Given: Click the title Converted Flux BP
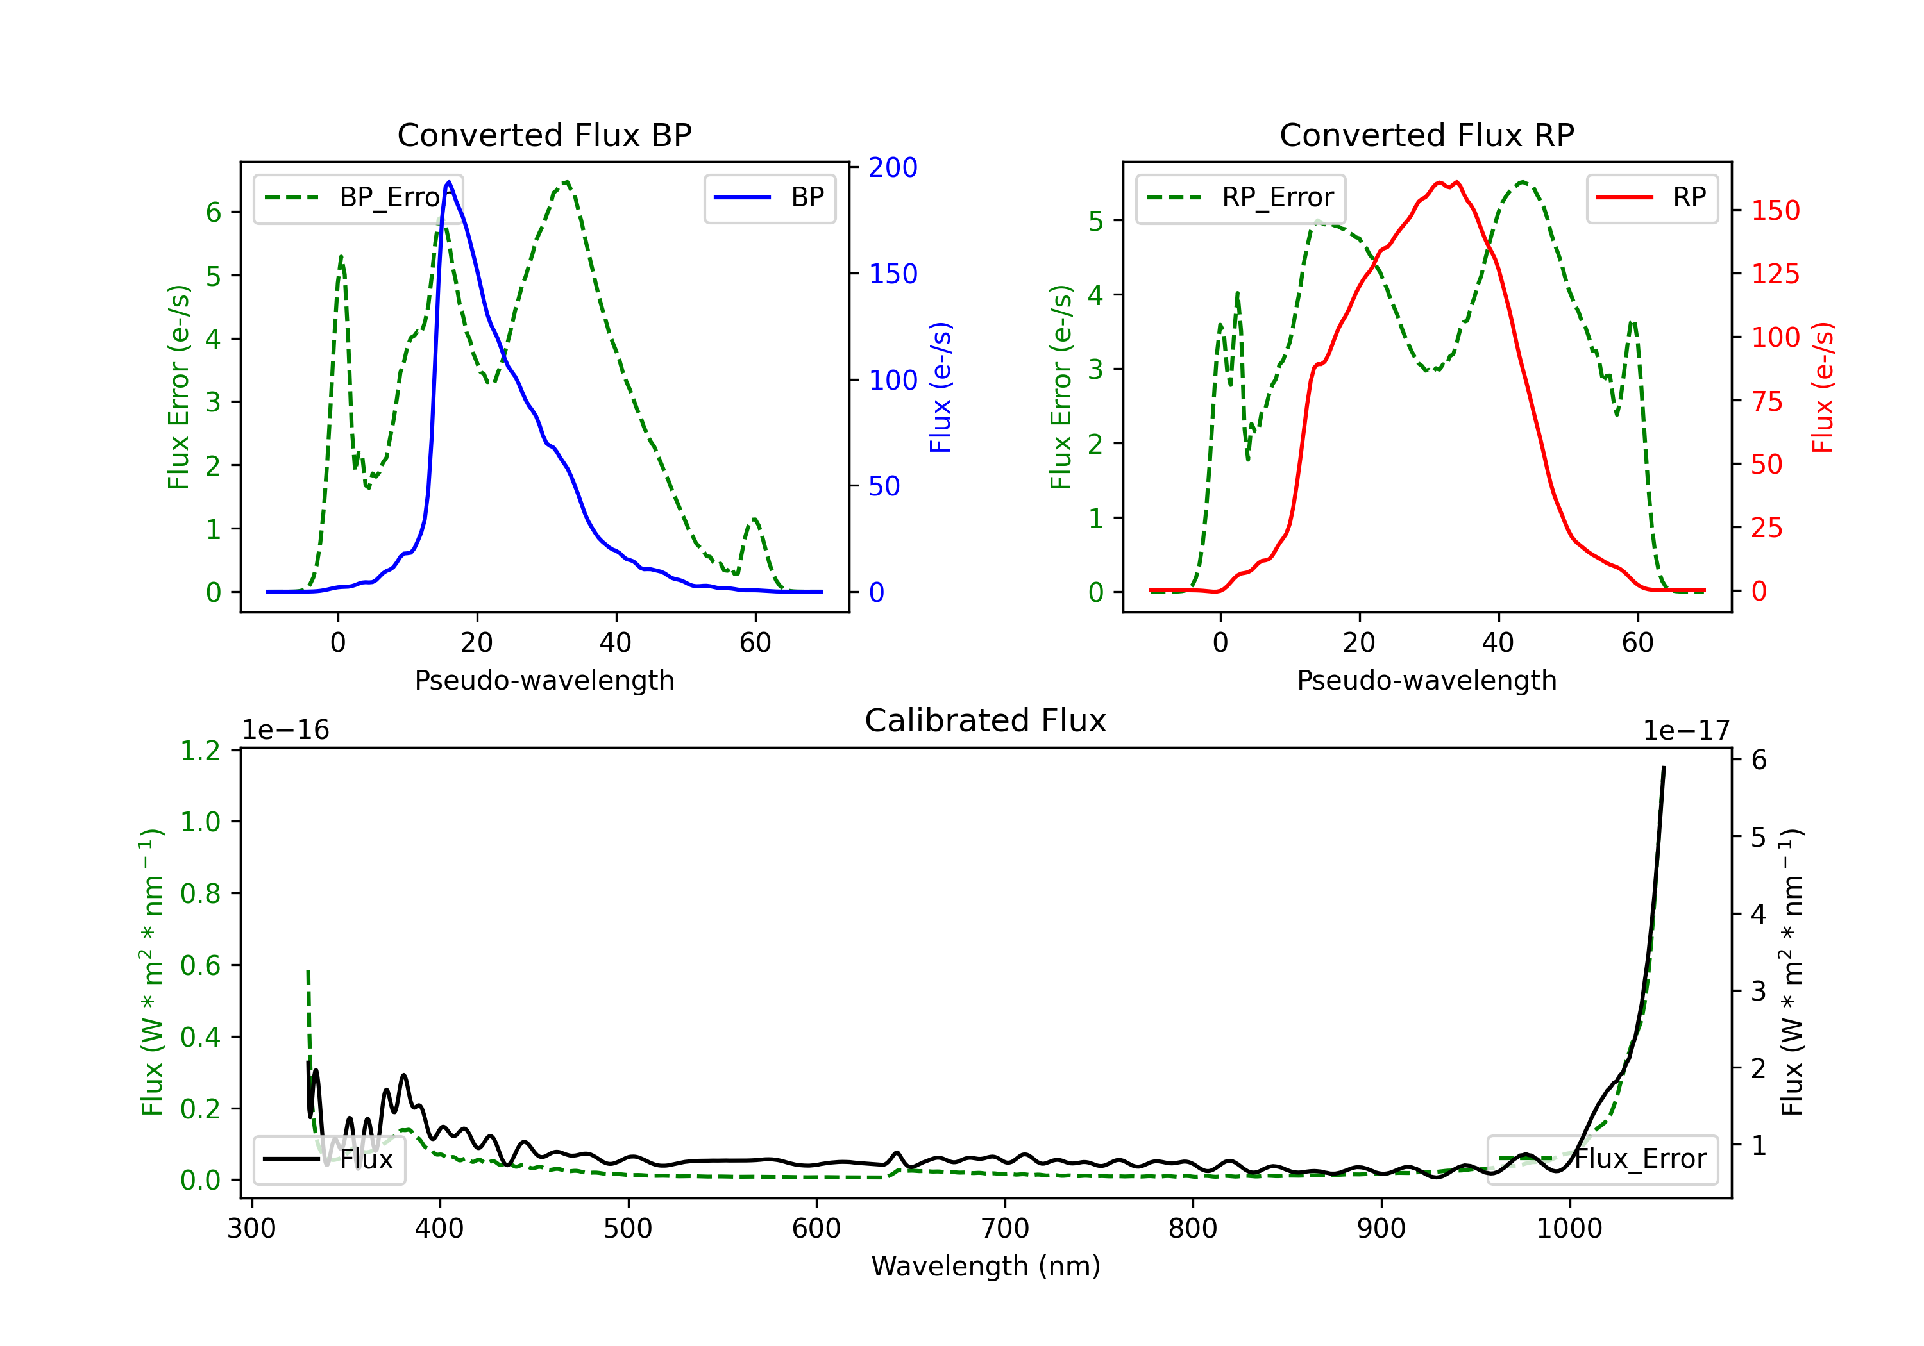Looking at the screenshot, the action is click(544, 135).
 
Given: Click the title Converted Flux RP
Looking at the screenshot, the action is click(1426, 135).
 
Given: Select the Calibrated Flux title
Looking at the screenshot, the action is click(986, 720).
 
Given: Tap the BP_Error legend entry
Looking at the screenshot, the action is click(358, 197).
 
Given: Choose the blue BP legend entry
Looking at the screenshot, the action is click(769, 197).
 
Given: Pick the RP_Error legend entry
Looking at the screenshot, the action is click(1240, 197).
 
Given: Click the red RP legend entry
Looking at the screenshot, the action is click(1651, 197).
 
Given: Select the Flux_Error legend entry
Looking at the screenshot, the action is click(1602, 1159).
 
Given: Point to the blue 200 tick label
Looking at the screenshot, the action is click(893, 167).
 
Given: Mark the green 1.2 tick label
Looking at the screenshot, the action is click(200, 751).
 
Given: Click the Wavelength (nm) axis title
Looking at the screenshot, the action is click(986, 1267).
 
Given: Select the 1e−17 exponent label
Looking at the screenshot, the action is click(1686, 731).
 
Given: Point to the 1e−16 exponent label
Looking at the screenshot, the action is click(286, 731).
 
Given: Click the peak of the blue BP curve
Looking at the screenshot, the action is click(449, 182).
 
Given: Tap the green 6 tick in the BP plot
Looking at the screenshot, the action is click(214, 212).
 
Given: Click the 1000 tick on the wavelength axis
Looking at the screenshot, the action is click(1569, 1229).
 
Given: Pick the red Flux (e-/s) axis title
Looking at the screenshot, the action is click(1823, 388).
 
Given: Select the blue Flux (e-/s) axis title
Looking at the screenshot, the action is click(940, 388).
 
